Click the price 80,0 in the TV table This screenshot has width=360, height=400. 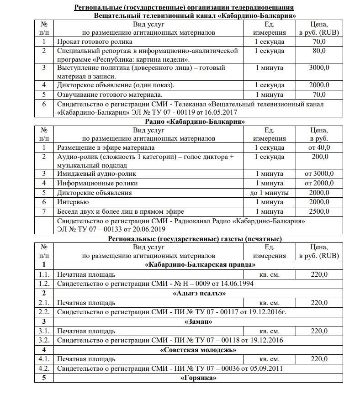point(319,51)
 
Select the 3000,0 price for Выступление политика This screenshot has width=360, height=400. point(319,68)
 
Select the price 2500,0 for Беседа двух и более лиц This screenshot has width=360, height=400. point(319,211)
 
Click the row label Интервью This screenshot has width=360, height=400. point(73,202)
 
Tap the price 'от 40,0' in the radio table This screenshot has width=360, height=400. point(319,147)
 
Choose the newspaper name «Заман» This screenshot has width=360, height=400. point(198,321)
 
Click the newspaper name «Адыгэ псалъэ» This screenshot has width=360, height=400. point(197,293)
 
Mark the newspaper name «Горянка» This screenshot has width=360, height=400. point(198,379)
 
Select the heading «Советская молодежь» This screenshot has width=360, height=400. point(198,350)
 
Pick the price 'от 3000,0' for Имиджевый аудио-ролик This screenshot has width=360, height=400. point(319,174)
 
